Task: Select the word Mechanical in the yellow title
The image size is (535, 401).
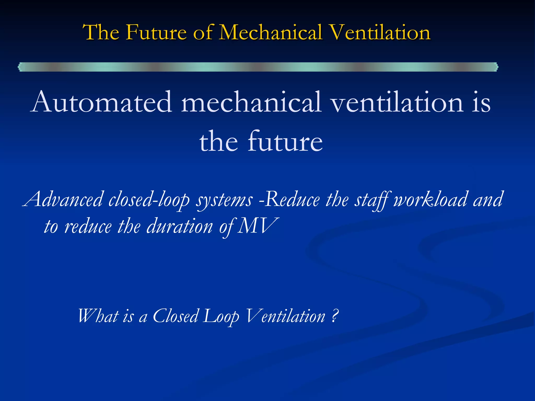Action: coord(270,32)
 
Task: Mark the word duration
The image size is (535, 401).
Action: coord(180,226)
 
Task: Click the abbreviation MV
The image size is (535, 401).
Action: coord(259,226)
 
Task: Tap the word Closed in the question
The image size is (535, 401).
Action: coord(176,316)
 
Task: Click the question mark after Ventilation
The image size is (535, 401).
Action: coord(335,316)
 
